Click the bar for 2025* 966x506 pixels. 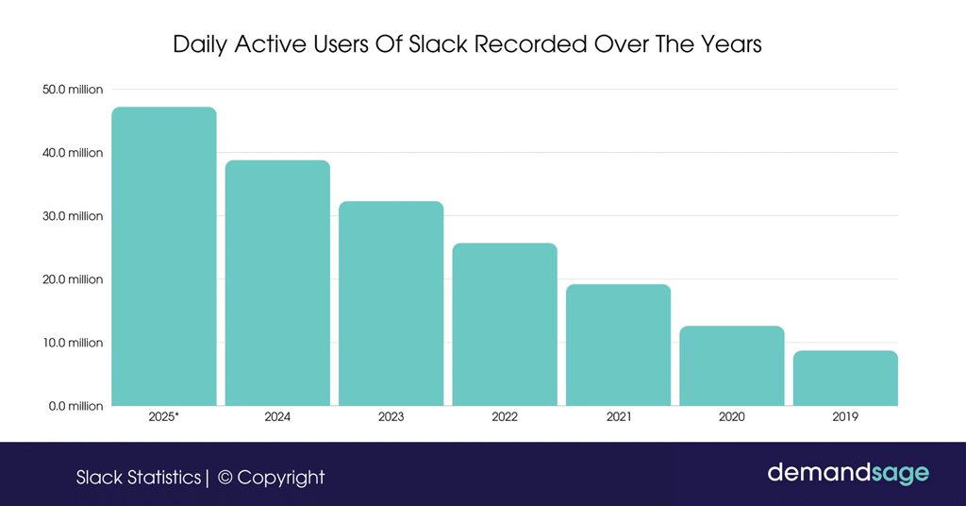[x=164, y=257]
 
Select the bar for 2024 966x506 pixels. [x=277, y=283]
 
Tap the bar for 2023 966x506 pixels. [x=391, y=304]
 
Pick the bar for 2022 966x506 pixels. [x=505, y=325]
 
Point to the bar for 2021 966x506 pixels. [x=618, y=346]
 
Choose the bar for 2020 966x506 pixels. [x=732, y=366]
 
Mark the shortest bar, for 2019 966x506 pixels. [x=845, y=379]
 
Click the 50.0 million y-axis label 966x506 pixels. [x=73, y=90]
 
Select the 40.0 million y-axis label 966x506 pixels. [x=73, y=153]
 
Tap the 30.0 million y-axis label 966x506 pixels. [x=73, y=216]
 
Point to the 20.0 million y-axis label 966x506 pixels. [x=73, y=279]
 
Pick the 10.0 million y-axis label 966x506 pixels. [x=73, y=343]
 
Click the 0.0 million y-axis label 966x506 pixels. [x=75, y=406]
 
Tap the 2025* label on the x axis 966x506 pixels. [x=164, y=416]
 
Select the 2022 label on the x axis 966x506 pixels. [x=505, y=416]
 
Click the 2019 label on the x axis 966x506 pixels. [x=845, y=416]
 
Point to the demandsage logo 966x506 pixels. [x=848, y=472]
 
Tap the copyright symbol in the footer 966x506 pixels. [x=225, y=478]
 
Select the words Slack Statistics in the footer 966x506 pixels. [x=139, y=478]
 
